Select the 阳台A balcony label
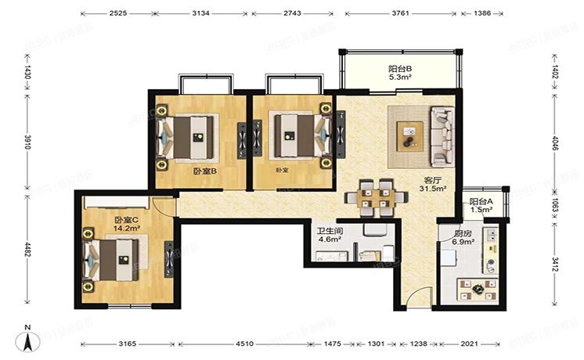pyautogui.click(x=481, y=201)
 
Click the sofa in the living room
pyautogui.click(x=442, y=136)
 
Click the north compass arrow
pyautogui.click(x=28, y=340)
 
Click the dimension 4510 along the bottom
pyautogui.click(x=245, y=344)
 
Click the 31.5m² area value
pyautogui.click(x=434, y=188)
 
